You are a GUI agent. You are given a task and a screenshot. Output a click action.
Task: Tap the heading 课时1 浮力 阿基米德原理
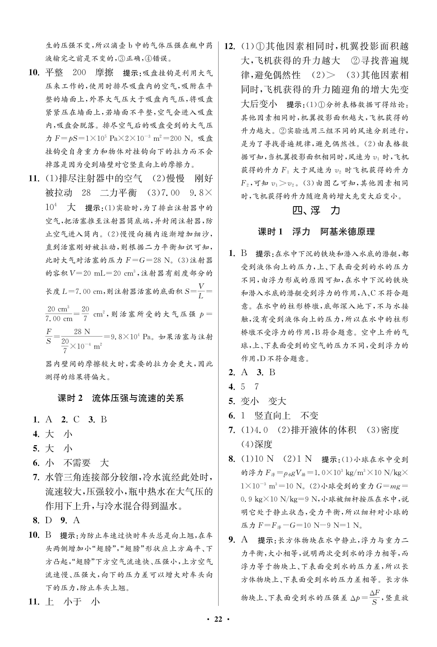coord(316,232)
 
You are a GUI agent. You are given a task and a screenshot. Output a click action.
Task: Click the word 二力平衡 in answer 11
coord(118,193)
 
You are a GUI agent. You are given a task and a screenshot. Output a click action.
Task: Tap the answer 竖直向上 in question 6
coord(272,416)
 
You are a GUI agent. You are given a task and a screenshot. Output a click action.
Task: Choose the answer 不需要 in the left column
coord(77,463)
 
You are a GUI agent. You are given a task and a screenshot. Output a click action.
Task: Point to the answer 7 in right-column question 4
coord(257,386)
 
